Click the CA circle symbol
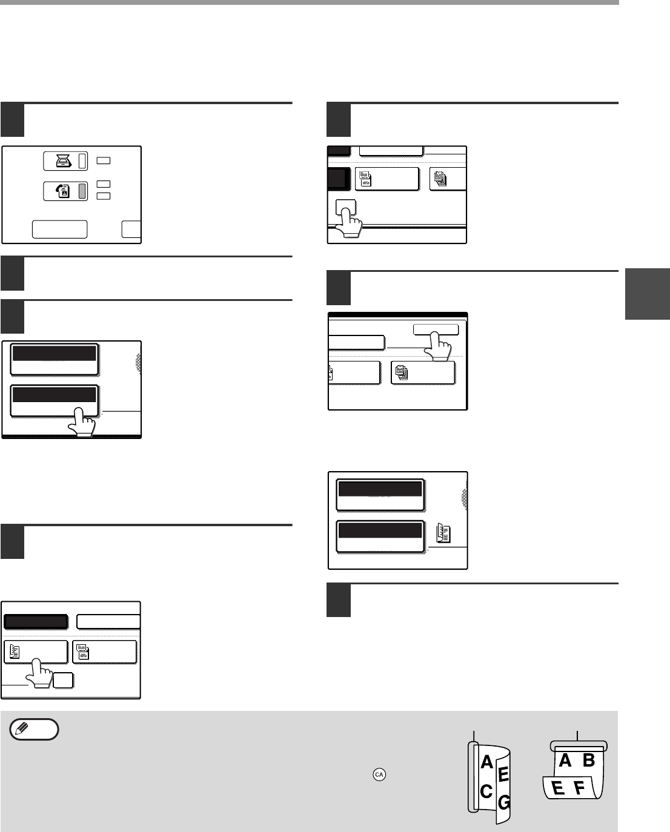click(x=380, y=774)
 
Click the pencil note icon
click(x=35, y=729)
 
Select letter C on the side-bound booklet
click(x=486, y=791)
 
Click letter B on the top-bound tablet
click(x=588, y=761)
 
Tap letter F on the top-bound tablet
click(x=580, y=788)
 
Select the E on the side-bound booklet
click(x=502, y=774)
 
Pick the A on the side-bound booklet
click(x=486, y=763)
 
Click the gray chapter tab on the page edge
click(x=648, y=294)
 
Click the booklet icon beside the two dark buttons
click(x=443, y=533)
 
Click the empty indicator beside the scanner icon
click(x=83, y=162)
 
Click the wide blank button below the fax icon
click(x=59, y=229)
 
